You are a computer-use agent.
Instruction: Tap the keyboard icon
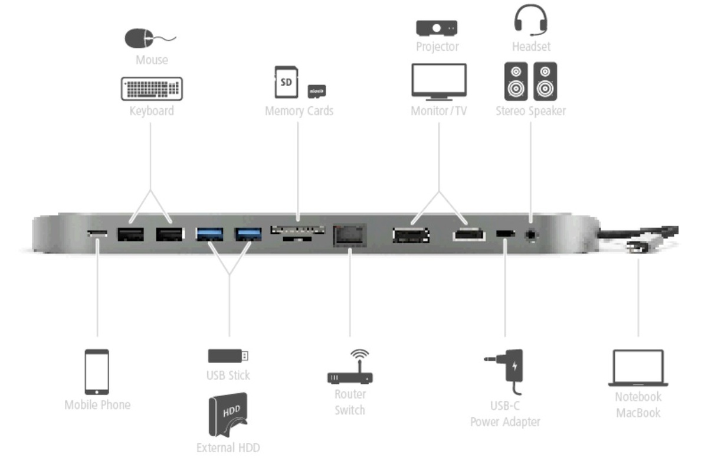(x=152, y=89)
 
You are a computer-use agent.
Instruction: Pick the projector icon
(x=437, y=27)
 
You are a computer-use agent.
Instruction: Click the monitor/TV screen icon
(x=438, y=81)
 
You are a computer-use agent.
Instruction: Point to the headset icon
(x=530, y=19)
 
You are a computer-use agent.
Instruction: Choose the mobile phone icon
(x=97, y=372)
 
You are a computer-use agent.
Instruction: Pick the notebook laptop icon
(x=638, y=368)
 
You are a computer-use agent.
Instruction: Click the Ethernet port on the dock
(x=349, y=234)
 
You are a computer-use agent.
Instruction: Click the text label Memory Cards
(x=299, y=110)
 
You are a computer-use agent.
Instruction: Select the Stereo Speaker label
(x=530, y=110)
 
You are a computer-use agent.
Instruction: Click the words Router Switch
(x=350, y=402)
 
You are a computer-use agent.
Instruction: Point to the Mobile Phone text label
(x=97, y=405)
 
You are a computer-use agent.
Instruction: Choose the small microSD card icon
(x=317, y=91)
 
